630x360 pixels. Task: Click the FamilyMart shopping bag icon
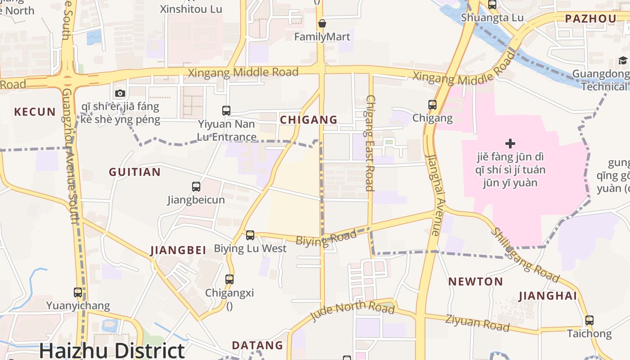322,23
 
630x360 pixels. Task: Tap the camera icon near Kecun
120,93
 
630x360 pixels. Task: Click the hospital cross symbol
510,144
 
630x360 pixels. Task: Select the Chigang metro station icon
432,105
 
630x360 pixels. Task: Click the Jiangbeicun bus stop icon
196,186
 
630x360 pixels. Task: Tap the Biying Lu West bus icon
250,235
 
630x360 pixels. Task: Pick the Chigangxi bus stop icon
229,279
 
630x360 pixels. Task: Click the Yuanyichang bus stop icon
78,292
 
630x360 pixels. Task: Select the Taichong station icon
589,320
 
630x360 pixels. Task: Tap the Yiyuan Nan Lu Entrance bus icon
226,110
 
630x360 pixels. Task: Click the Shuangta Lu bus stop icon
492,5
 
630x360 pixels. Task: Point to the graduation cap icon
623,61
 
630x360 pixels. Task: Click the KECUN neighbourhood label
35,112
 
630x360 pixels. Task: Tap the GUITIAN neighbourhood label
135,172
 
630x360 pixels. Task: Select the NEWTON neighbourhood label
475,282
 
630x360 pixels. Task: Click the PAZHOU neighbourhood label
590,18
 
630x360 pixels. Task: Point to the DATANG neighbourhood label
257,345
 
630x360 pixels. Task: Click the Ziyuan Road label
477,323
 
